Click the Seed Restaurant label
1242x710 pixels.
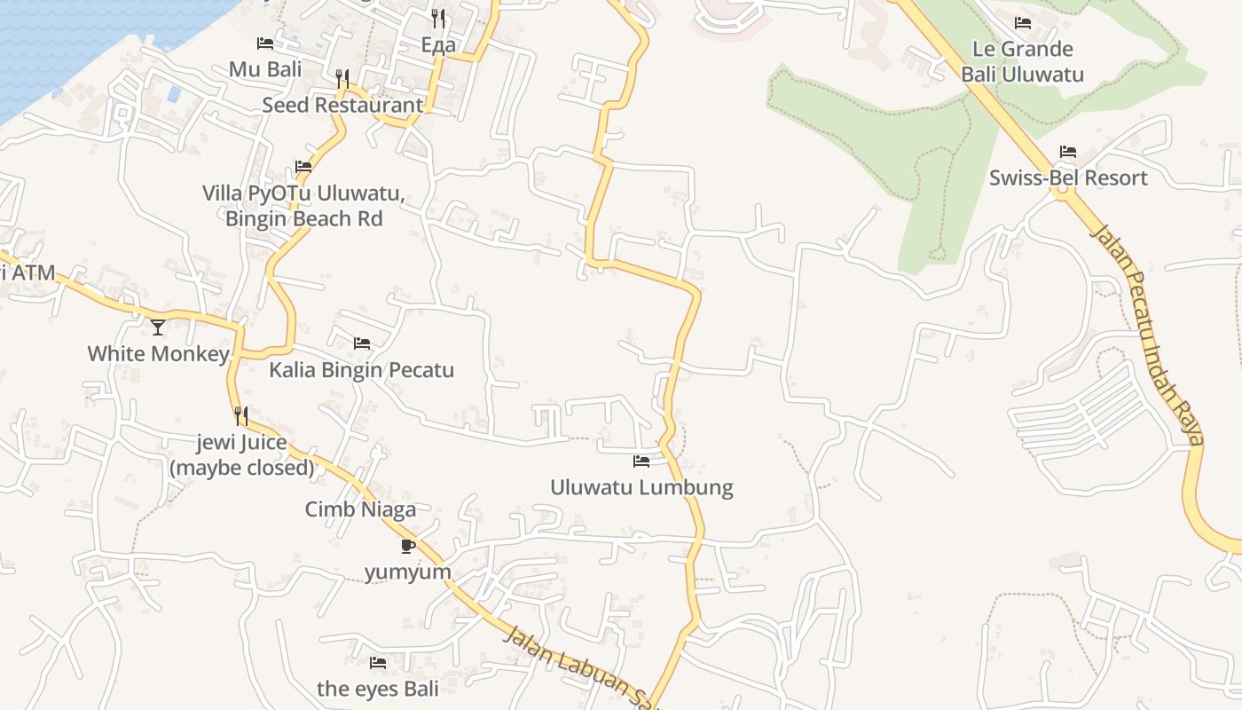point(342,105)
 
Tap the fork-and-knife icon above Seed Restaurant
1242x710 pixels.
point(342,79)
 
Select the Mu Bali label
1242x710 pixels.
point(265,69)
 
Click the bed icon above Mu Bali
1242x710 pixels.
point(265,43)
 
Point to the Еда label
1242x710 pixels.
point(438,45)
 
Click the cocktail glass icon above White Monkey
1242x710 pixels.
point(158,327)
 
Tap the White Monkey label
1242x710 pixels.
point(158,354)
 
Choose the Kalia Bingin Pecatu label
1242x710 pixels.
point(362,370)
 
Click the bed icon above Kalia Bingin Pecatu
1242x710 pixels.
point(362,343)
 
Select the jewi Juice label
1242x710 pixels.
point(242,443)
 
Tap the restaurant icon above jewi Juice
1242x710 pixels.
point(240,414)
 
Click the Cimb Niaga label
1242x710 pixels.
point(360,509)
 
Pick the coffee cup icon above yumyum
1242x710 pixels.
point(408,546)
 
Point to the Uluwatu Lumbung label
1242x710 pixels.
point(641,487)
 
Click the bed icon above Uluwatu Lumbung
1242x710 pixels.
point(641,461)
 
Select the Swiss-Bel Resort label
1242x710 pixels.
point(1068,177)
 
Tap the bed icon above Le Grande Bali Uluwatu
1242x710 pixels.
point(1023,23)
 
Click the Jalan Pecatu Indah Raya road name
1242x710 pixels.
point(1149,333)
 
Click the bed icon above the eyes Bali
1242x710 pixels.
point(378,663)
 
